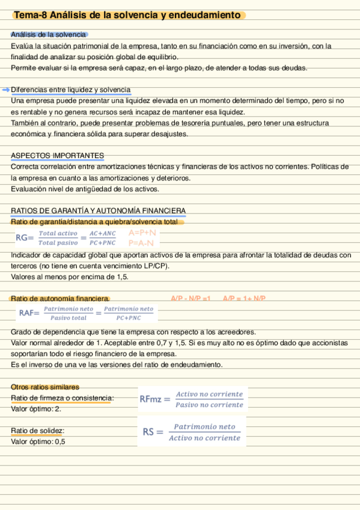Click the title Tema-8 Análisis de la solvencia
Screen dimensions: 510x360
[127, 15]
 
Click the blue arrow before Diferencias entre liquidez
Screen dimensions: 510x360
[6, 90]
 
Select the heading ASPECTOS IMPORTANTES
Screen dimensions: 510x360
[57, 156]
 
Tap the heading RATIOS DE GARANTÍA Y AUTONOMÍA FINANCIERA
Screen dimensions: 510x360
[98, 210]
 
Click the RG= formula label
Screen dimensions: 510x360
[25, 238]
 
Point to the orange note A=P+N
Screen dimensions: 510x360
[142, 233]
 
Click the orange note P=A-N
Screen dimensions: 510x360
[141, 244]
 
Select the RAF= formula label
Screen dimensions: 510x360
[29, 313]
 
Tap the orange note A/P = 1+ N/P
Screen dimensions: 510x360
[244, 298]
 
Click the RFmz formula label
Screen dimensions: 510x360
[155, 399]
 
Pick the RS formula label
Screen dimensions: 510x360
[153, 432]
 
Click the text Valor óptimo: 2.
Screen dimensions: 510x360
[36, 409]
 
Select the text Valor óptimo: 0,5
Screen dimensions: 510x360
[38, 441]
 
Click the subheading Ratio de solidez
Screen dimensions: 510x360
[37, 431]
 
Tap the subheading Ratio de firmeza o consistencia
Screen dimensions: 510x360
[63, 398]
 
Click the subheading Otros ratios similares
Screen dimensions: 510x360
[44, 387]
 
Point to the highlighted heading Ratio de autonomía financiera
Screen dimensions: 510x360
[60, 298]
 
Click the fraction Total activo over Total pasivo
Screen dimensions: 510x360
[58, 238]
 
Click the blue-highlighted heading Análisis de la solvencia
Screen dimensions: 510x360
[48, 35]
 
